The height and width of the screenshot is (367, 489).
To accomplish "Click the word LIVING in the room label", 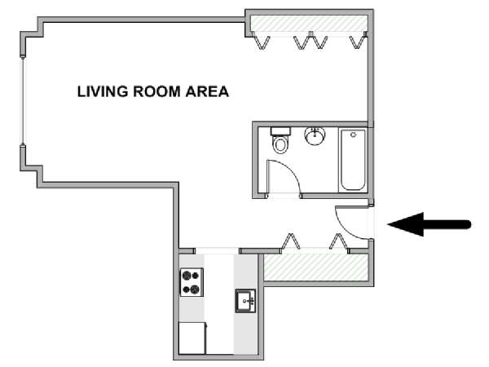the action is (103, 91).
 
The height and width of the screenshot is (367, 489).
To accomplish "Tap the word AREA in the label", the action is (207, 91).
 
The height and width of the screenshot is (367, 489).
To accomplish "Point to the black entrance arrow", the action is (430, 224).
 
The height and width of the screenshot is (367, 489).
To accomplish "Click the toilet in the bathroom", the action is (280, 140).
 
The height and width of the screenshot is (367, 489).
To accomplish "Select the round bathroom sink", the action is (315, 136).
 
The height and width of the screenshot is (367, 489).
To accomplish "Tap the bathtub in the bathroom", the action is (353, 160).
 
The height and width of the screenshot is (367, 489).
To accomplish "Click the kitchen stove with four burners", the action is (192, 282).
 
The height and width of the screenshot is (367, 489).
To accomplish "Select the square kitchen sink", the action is (245, 301).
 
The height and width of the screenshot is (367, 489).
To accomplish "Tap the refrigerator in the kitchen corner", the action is (192, 338).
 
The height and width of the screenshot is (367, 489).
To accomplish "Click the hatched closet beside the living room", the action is (309, 24).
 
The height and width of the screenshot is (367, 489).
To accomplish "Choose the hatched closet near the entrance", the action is (315, 268).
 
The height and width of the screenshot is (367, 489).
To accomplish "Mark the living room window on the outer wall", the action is (23, 100).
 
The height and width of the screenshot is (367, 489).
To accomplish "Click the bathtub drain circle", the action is (353, 135).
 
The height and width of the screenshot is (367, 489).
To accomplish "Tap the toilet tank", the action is (280, 131).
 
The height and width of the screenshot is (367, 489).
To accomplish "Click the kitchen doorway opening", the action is (217, 250).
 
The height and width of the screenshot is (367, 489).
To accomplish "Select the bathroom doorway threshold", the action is (284, 196).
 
